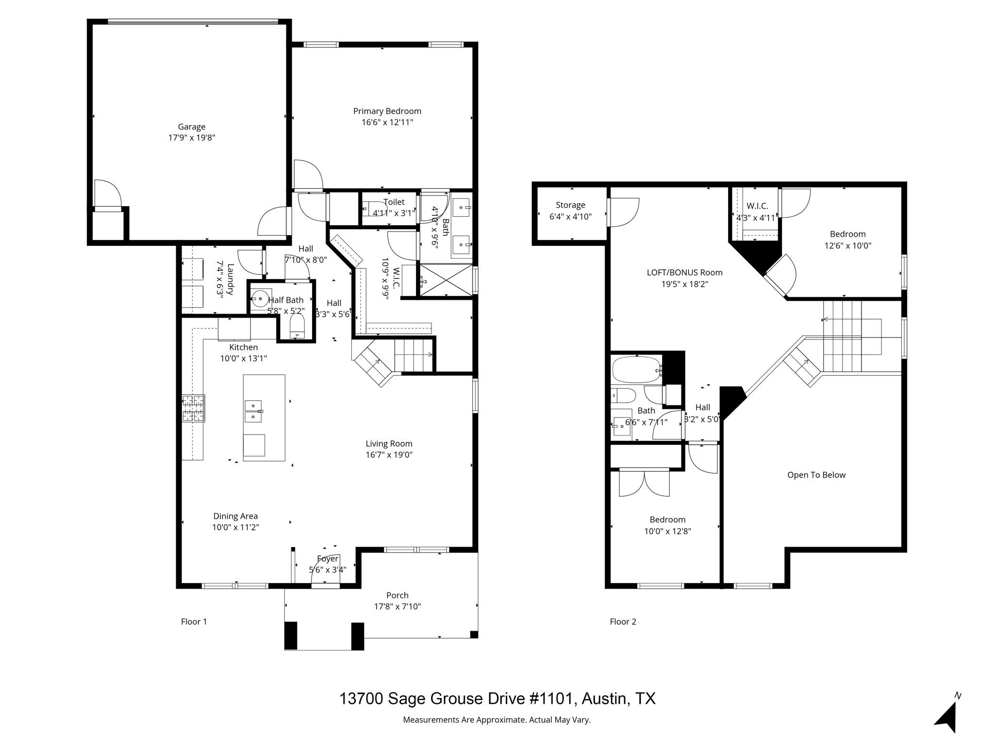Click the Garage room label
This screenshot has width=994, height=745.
(x=191, y=127)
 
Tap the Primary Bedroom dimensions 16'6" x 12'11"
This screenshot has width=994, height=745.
(x=387, y=122)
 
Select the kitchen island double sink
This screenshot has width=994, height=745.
(x=253, y=411)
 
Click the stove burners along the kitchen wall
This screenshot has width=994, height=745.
(x=193, y=408)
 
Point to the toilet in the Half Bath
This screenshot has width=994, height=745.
(x=297, y=325)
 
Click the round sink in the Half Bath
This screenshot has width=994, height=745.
(x=261, y=298)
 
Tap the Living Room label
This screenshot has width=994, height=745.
(x=389, y=443)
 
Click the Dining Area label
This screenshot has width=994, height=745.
(x=235, y=516)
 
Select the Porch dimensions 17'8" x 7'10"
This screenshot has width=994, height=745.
(x=397, y=606)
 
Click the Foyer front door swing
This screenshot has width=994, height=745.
(x=325, y=572)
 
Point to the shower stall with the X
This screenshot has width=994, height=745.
(x=446, y=279)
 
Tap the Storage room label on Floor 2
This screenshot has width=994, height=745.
(x=570, y=205)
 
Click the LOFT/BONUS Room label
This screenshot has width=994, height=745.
(x=684, y=273)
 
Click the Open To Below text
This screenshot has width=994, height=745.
(x=816, y=475)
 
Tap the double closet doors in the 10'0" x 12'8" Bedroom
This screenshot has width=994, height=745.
(x=644, y=484)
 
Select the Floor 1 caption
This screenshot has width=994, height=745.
(x=194, y=621)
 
